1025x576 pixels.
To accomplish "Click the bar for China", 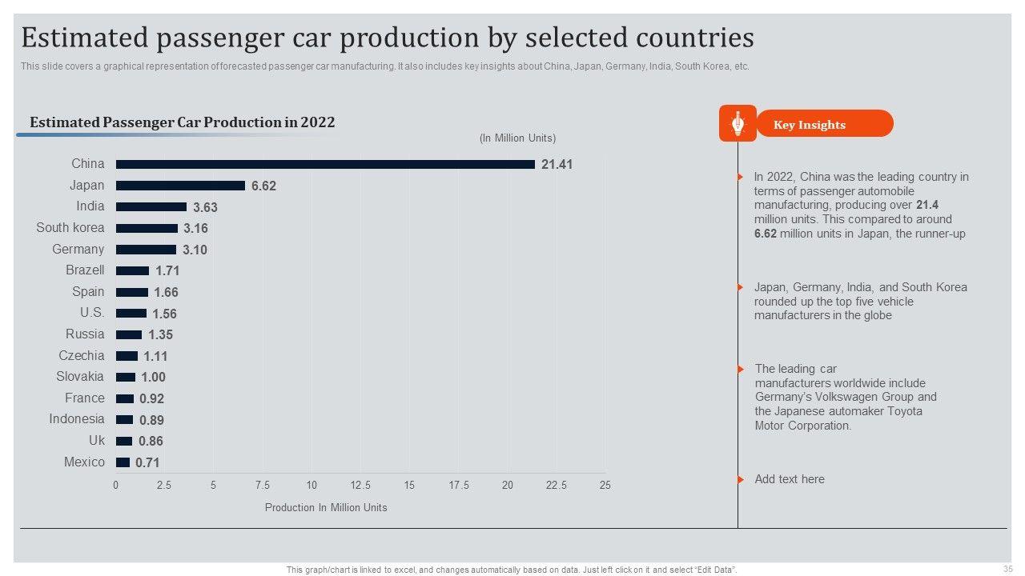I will pos(325,164).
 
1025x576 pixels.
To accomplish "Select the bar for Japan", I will pos(180,186).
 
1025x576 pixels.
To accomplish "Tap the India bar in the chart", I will pos(151,206).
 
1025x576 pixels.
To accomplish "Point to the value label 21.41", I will pos(557,165).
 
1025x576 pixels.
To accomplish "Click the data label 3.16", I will pos(195,229).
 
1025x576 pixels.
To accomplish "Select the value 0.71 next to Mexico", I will pos(147,462).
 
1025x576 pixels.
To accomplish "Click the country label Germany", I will pos(78,250).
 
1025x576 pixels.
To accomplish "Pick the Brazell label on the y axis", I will pos(85,270).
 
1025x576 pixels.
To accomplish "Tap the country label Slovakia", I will pos(79,377).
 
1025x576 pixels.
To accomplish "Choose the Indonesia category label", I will pos(76,419).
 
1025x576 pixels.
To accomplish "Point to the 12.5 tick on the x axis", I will pos(360,486).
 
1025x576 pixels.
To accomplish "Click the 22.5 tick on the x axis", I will pos(557,486).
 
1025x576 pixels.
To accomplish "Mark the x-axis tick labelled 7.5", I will pos(263,486).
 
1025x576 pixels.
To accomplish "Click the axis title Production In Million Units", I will pos(326,507).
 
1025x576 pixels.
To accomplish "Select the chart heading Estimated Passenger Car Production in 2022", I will pos(182,122).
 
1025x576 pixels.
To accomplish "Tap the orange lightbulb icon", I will pos(738,124).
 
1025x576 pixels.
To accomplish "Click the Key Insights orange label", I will pos(810,125).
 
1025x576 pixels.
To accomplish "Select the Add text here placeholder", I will pos(790,479).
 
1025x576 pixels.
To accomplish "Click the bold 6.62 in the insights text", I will pos(765,234).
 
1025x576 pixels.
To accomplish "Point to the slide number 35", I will pos(1007,569).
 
